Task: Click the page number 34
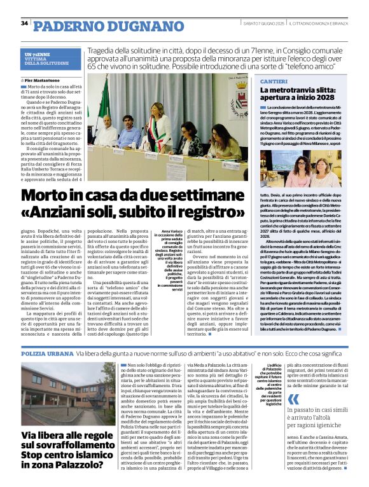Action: coord(24,24)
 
